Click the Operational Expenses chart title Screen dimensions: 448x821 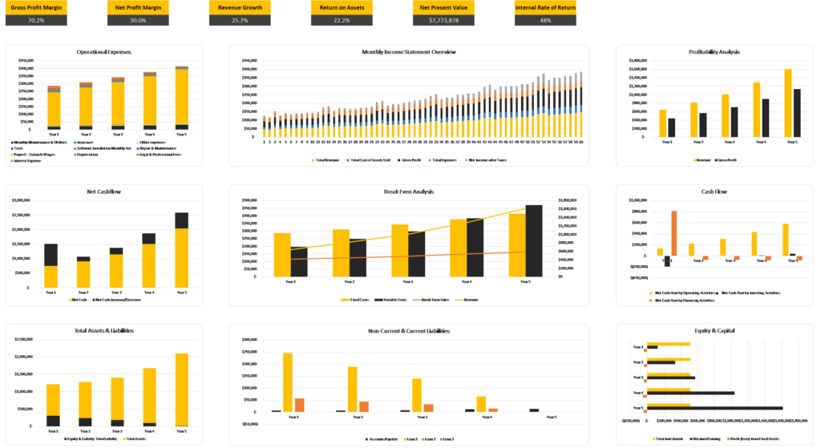coord(104,52)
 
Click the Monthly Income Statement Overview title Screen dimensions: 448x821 coord(409,52)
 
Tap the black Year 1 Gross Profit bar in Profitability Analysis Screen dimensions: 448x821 coord(672,128)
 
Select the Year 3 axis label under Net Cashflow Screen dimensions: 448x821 coord(116,293)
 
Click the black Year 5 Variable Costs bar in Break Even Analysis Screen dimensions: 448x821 coord(534,240)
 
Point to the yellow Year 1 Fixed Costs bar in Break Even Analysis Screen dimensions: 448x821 coord(282,255)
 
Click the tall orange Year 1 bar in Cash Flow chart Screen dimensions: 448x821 coord(674,233)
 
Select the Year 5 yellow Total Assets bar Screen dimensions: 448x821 coord(182,389)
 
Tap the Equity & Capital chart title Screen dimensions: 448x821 coord(718,330)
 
